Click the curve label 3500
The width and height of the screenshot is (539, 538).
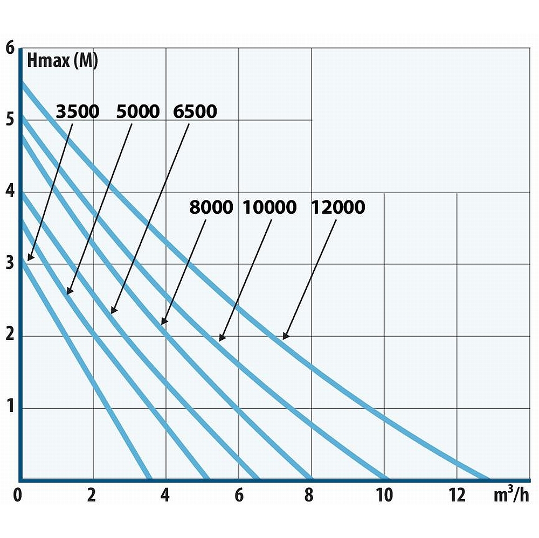point(78,112)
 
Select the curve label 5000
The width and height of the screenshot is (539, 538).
point(138,112)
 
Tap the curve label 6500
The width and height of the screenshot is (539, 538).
point(195,112)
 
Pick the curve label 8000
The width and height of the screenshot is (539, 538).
point(211,207)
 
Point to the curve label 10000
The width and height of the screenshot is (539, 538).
point(269,207)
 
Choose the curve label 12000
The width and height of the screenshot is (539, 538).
point(338,207)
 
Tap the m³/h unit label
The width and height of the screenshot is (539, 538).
point(511,495)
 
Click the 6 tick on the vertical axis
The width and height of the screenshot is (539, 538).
point(10,48)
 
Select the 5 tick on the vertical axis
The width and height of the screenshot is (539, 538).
point(10,119)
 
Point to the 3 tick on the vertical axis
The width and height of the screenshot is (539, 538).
point(10,264)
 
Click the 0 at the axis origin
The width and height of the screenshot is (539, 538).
point(18,495)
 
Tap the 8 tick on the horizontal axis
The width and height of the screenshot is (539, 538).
point(308,495)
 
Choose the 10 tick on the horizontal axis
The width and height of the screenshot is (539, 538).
point(384,495)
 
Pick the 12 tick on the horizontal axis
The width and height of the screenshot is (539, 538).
point(457,495)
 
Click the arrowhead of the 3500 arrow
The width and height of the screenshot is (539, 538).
point(30,259)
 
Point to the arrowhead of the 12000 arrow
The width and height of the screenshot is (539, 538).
point(285,338)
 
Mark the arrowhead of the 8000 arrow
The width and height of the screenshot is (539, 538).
point(163,323)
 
